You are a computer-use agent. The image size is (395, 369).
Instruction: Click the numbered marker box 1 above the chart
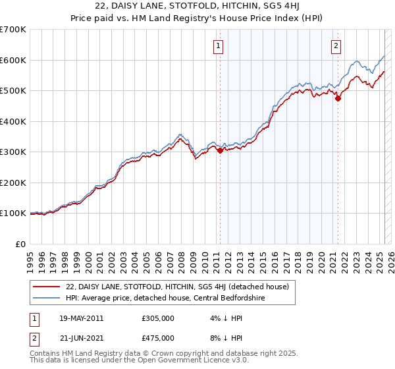pos(217,45)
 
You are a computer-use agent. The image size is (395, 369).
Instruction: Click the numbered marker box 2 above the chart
pos(336,45)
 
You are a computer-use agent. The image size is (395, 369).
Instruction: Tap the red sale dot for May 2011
pos(220,150)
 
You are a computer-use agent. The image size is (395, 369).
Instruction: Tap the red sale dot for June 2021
pos(338,99)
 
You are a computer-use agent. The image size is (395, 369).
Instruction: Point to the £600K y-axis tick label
pos(13,60)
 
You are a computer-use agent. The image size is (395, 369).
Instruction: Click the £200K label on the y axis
pos(13,183)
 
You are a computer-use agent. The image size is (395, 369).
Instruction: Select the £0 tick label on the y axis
pos(21,244)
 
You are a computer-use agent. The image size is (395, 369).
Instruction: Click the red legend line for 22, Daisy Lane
pos(47,286)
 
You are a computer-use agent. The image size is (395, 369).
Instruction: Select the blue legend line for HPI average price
pos(47,298)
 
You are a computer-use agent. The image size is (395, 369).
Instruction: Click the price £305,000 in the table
pos(157,318)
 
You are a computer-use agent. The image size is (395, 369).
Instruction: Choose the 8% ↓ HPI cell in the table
pos(223,338)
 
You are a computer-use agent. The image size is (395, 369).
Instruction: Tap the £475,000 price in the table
pos(157,338)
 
